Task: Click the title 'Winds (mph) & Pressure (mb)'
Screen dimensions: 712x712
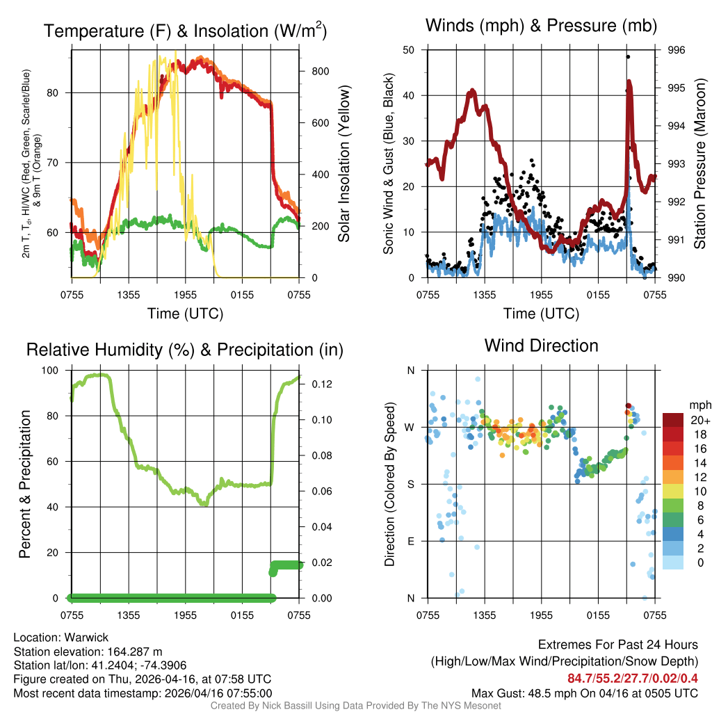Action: [541, 26]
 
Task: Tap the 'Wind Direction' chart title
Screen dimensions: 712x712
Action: [541, 346]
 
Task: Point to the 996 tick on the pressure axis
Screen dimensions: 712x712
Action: [676, 50]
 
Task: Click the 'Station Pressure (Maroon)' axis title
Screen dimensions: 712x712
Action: [699, 163]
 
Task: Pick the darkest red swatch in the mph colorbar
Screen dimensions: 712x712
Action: [673, 419]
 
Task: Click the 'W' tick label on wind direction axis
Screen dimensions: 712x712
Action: [410, 427]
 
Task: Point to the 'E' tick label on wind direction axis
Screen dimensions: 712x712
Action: [411, 541]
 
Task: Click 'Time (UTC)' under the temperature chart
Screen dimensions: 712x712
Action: [185, 314]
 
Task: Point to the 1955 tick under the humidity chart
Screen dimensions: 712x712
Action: [185, 615]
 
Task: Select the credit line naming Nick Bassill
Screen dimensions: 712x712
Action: [356, 706]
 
